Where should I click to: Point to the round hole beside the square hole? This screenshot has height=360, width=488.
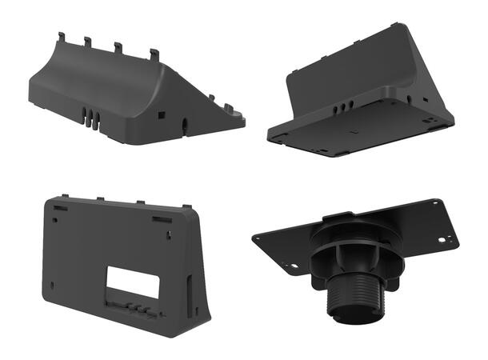pos(186,124)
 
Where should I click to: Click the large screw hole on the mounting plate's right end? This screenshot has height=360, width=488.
pos(446,238)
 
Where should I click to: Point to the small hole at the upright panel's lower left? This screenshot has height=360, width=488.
pos(50,286)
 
